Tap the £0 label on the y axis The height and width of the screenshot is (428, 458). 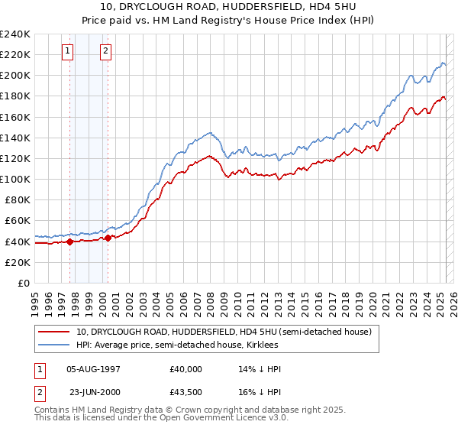tap(24, 283)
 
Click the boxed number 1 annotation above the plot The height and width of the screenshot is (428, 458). tap(68, 51)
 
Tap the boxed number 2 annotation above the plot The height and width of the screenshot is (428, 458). tap(105, 51)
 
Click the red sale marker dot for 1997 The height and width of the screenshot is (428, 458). tap(69, 242)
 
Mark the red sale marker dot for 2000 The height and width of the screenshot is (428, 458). tap(108, 238)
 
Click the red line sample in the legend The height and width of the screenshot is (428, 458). tap(54, 332)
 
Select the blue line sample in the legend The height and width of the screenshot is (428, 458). tap(54, 345)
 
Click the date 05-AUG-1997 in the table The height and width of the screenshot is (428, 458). tap(95, 369)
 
